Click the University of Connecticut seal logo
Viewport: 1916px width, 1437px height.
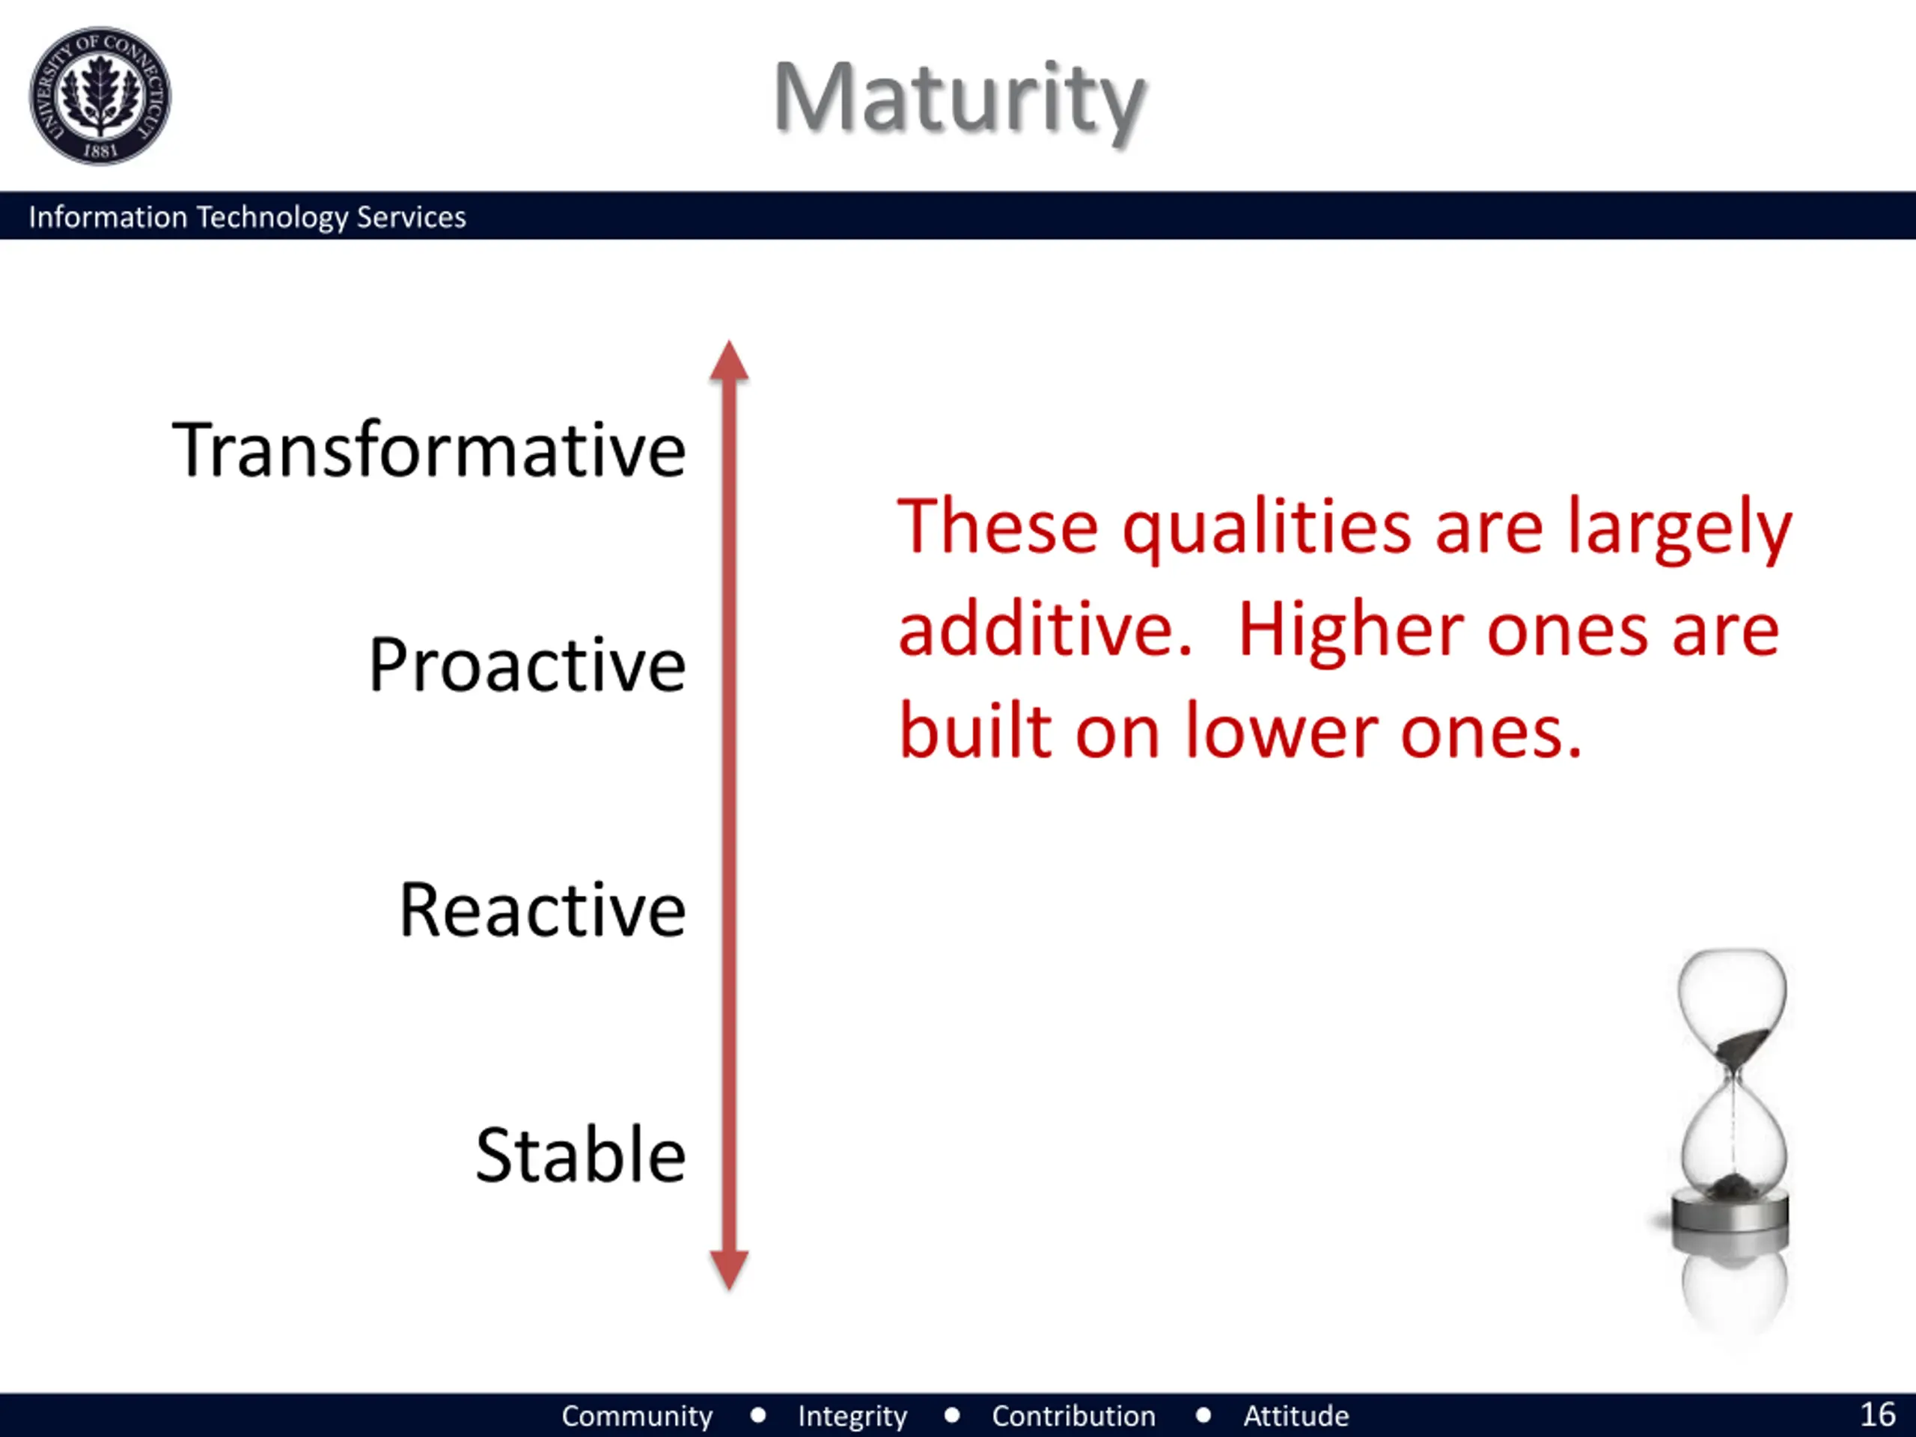coord(100,95)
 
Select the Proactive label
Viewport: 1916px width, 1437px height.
coord(527,665)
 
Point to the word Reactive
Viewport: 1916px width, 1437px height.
coord(542,909)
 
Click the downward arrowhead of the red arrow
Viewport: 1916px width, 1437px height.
coord(729,1271)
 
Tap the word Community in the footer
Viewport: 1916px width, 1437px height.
coord(637,1416)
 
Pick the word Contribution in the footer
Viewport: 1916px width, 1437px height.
coord(1073,1416)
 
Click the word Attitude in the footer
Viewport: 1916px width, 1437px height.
coord(1296,1416)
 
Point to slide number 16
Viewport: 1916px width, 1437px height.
coord(1878,1415)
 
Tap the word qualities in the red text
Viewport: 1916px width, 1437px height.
coord(1267,528)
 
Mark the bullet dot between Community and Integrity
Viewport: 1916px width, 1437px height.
coord(758,1415)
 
